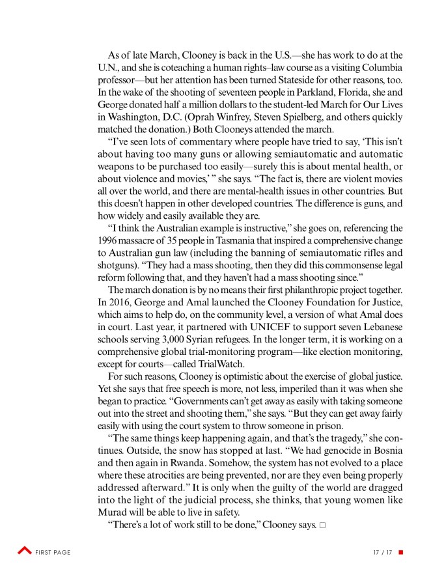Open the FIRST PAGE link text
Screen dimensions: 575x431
click(x=55, y=552)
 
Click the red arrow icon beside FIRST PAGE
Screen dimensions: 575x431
click(x=25, y=552)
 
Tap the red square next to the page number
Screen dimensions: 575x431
click(x=400, y=552)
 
